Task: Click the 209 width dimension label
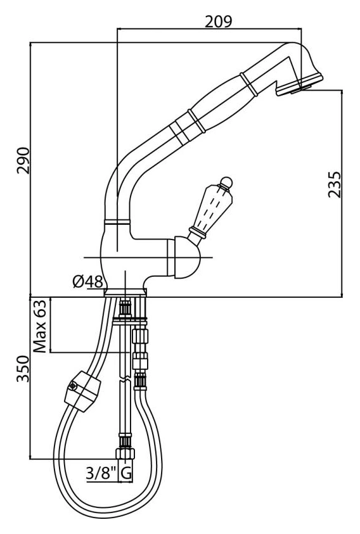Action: [218, 21]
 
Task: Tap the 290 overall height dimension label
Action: [23, 160]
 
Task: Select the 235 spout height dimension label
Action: [334, 184]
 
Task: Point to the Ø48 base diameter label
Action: [87, 281]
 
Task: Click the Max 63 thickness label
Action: [39, 326]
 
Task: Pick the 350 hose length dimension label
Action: [23, 369]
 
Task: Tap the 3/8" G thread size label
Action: [109, 473]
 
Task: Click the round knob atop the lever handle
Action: [226, 182]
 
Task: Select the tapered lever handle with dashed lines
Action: [212, 208]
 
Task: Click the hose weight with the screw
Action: [82, 391]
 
